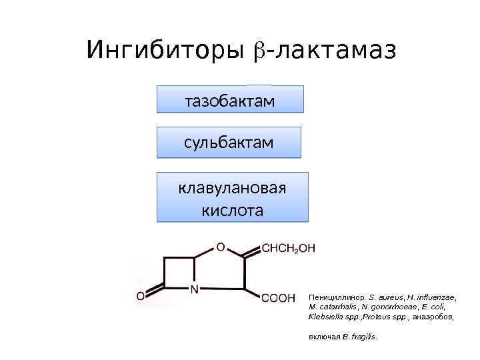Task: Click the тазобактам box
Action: [230, 100]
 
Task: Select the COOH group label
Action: [278, 297]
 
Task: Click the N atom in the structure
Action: [195, 290]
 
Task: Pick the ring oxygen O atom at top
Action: [221, 245]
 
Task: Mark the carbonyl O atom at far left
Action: [141, 295]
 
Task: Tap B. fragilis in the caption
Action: [360, 337]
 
